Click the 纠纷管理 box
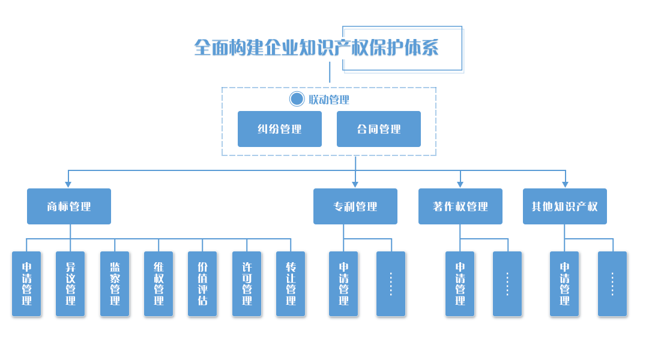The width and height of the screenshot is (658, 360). pos(279,128)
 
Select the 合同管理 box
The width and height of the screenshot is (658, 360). pos(378,128)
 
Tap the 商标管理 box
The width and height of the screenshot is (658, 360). pos(69,206)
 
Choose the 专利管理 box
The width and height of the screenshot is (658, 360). pos(355,206)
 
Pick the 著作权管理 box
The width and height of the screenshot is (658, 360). pos(460,206)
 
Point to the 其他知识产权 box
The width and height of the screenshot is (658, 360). pos(564,206)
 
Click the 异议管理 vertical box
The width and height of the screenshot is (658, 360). pos(71,284)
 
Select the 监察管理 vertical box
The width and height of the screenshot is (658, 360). pos(115,284)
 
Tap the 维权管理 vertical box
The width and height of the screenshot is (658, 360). pos(158,284)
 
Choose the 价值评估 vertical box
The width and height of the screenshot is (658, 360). pos(202,284)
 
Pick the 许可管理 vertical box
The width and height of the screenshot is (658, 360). pos(247,284)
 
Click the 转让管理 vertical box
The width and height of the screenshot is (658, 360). pos(291,284)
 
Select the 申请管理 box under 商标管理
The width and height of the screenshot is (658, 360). pos(26,284)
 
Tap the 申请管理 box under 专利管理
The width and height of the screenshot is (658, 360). pos(343,284)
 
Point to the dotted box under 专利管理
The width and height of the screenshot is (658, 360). pos(390,284)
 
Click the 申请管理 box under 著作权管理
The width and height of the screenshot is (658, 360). pos(460,284)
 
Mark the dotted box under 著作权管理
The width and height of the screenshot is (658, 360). pos(507,284)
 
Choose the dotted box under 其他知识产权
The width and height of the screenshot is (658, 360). pos(612,284)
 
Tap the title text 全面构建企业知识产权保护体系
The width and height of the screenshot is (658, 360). pos(316,48)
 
